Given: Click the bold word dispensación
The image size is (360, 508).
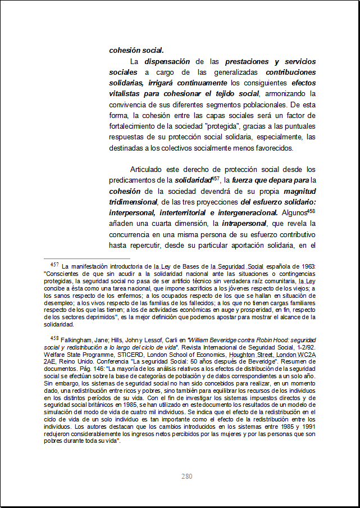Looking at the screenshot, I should (x=166, y=61).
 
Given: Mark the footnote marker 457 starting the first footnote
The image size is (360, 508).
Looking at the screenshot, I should (x=54, y=264).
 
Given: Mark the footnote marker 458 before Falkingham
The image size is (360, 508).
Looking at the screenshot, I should (x=54, y=338).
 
